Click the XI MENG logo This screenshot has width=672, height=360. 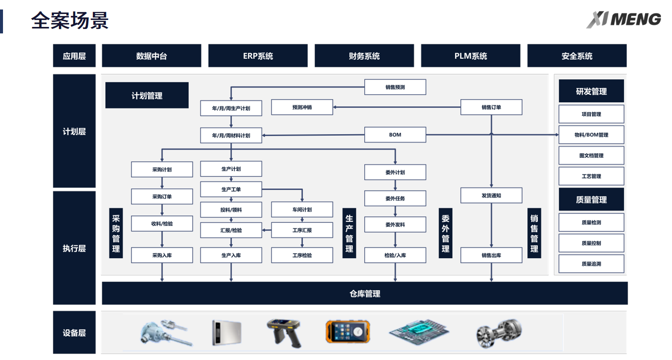[x=623, y=19]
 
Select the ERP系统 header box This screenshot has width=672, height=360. [x=257, y=56]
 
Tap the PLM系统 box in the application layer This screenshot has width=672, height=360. [x=470, y=56]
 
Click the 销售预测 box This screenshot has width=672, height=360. [x=395, y=87]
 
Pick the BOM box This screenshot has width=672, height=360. [x=395, y=135]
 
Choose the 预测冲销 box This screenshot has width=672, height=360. [x=302, y=107]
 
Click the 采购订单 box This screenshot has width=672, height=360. [x=162, y=196]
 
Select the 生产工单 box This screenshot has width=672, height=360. [x=231, y=189]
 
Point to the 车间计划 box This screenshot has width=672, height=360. [x=302, y=209]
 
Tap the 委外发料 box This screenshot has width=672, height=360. [x=395, y=224]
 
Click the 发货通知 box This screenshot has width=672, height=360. [x=491, y=195]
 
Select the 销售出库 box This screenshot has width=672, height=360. [x=491, y=255]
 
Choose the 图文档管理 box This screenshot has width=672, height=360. [x=591, y=156]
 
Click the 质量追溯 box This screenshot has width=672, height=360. [x=591, y=264]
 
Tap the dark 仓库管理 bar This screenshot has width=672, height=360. [x=364, y=294]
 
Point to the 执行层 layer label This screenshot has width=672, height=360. [x=74, y=248]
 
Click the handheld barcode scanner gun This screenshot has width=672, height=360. [x=285, y=332]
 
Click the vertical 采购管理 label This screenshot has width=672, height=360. [x=116, y=233]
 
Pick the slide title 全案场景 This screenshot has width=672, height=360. [x=69, y=20]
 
